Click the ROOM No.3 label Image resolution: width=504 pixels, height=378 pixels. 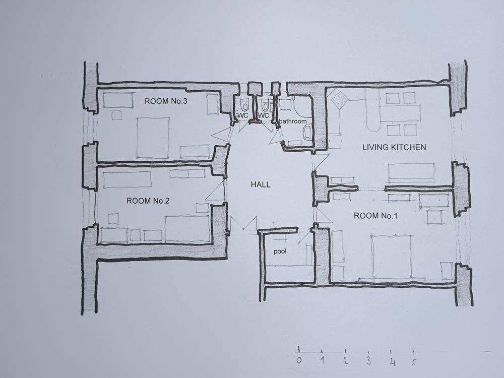[166, 101]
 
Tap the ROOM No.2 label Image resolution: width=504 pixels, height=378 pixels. [148, 201]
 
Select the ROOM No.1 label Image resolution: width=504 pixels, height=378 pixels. [375, 216]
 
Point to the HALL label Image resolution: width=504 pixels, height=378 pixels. [261, 184]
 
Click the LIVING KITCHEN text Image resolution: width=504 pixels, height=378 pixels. [395, 147]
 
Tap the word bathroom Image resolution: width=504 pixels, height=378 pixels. [292, 121]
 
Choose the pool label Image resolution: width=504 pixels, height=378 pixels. [280, 251]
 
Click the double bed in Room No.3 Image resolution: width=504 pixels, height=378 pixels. [153, 138]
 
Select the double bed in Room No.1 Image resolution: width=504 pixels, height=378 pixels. [391, 257]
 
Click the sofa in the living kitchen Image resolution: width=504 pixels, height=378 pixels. [411, 173]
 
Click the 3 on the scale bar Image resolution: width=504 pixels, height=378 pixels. [369, 361]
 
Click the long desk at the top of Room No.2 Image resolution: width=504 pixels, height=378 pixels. [128, 180]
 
